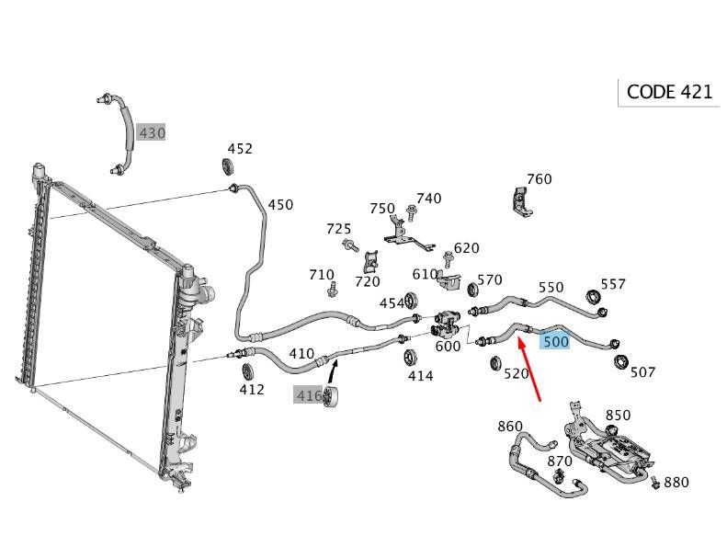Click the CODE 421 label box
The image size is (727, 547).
[x=668, y=92]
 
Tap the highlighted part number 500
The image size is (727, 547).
[x=556, y=341]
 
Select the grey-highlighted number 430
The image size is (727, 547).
[x=152, y=133]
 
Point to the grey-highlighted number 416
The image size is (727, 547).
[x=308, y=395]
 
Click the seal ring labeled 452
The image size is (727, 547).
[x=228, y=166]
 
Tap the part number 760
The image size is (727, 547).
[x=539, y=179]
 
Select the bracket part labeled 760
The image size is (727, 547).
[x=521, y=203]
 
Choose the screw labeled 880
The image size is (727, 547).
[x=654, y=482]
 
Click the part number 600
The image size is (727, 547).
[x=448, y=347]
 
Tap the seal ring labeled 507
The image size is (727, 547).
[x=621, y=359]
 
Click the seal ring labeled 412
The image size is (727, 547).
[x=247, y=371]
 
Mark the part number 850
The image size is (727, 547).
[x=618, y=416]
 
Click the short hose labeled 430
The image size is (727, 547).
[x=124, y=133]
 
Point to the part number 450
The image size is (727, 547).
[x=280, y=205]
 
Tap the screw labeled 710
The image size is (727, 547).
[x=334, y=291]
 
